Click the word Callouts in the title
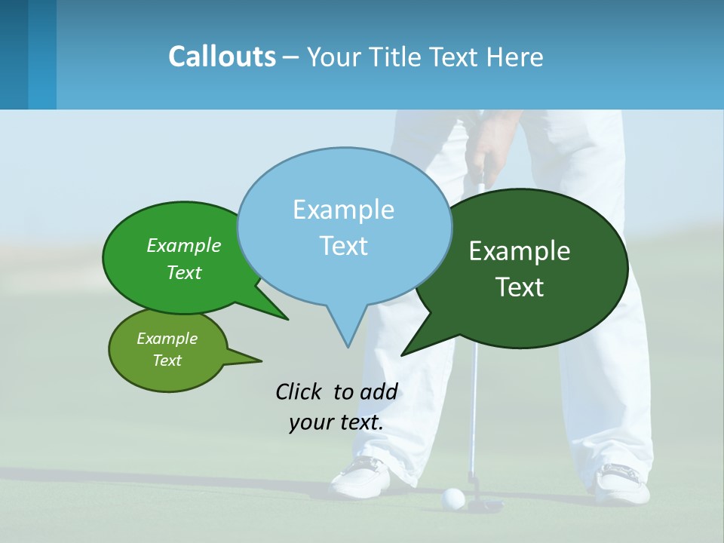coord(222,57)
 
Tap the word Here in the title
coord(515,57)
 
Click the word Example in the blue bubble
coord(343,210)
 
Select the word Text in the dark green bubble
coord(520,287)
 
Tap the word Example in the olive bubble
coord(167,339)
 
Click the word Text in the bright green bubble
coord(184,273)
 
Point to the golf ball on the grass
coord(453,497)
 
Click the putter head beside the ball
coord(483,505)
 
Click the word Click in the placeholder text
coord(298,391)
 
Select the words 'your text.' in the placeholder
coord(336,422)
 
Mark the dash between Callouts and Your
coord(292,57)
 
